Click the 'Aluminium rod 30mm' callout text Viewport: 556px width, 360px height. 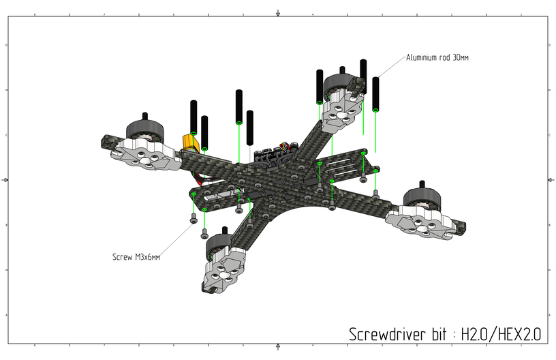(x=437, y=58)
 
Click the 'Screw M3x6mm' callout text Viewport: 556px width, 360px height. (x=136, y=257)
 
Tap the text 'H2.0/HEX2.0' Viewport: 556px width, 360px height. (x=501, y=334)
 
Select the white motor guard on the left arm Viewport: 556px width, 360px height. (x=147, y=155)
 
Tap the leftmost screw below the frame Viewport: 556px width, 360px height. (x=194, y=220)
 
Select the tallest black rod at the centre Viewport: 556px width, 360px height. (x=239, y=106)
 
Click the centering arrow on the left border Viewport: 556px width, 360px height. (x=5, y=180)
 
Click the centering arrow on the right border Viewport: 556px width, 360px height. (x=551, y=180)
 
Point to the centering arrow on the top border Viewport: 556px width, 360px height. (x=278, y=13)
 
